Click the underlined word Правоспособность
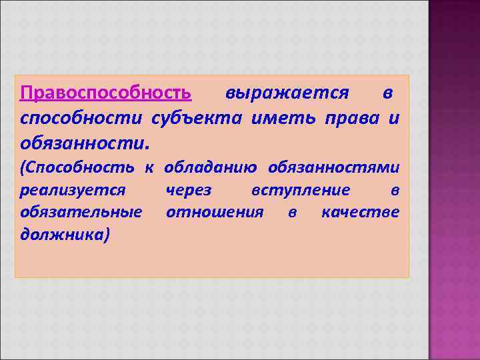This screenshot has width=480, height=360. tap(106, 92)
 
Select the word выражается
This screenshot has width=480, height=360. tap(287, 92)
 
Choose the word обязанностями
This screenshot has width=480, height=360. tap(333, 169)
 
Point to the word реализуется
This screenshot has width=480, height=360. tap(73, 191)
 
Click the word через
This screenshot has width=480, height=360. tap(189, 191)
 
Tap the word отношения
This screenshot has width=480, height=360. tap(215, 213)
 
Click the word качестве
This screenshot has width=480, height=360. tap(360, 213)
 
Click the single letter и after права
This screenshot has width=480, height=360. tap(394, 118)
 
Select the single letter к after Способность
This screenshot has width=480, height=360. tap(150, 169)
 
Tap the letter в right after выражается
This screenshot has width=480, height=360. tap(387, 92)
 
